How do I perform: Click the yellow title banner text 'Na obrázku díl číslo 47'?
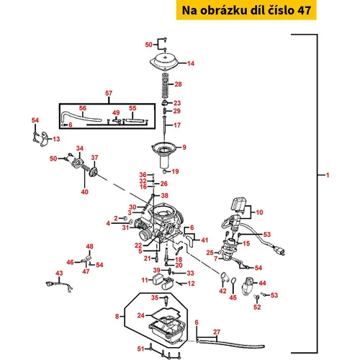(246, 10)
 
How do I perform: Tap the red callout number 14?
(191, 63)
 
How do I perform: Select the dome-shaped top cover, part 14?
(165, 62)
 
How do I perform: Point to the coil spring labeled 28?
(166, 85)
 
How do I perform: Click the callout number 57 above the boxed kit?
(109, 93)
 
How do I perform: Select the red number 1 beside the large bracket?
(328, 175)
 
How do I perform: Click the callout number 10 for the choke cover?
(259, 212)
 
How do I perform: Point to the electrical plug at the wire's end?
(279, 251)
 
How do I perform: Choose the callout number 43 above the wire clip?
(59, 273)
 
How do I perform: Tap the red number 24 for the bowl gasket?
(141, 315)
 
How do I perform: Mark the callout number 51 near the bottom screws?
(141, 348)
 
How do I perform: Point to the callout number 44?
(262, 283)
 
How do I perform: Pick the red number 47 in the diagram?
(86, 271)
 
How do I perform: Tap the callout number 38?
(164, 196)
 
